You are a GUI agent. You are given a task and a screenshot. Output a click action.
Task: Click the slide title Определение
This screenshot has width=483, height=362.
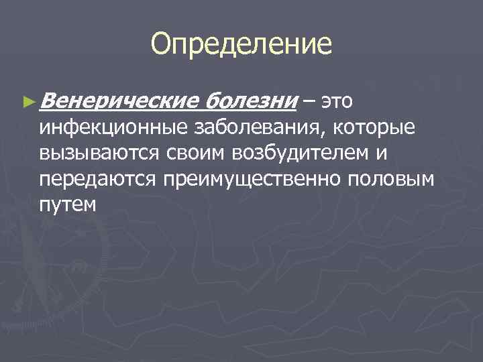tap(241, 44)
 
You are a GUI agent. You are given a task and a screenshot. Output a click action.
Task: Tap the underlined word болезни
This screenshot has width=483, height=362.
tap(250, 102)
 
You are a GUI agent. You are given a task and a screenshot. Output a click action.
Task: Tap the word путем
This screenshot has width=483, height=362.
tap(68, 204)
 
